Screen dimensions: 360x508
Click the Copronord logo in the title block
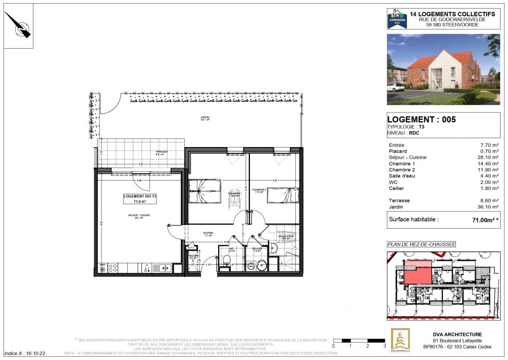397,19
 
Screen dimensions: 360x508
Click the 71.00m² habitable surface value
482,220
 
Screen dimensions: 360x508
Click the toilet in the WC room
227,260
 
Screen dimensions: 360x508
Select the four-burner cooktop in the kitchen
113,268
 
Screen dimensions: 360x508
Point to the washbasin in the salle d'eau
274,247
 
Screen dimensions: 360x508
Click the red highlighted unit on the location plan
417,274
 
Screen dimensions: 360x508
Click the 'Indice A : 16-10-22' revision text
25,354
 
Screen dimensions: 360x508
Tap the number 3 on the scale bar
384,346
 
